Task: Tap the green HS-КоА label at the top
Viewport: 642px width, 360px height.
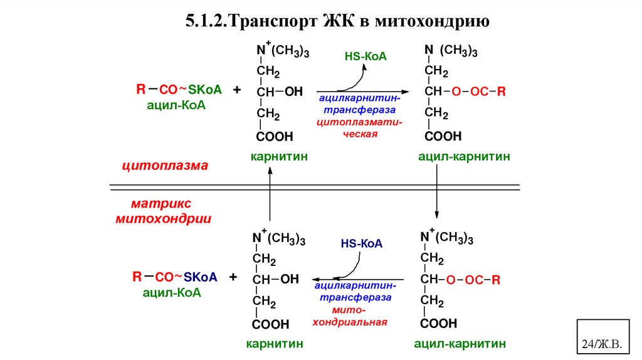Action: point(366,57)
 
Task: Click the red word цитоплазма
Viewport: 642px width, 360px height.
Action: point(164,166)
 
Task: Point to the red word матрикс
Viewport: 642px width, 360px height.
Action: point(161,204)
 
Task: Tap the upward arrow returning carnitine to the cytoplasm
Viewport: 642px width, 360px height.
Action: point(270,198)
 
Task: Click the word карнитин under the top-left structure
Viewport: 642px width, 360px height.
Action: point(279,156)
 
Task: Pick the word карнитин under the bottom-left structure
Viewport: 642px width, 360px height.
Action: point(275,344)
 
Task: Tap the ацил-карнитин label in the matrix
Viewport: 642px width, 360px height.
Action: point(460,344)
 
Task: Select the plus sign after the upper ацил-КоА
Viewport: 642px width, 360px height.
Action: point(237,90)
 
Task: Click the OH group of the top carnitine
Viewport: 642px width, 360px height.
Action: point(293,92)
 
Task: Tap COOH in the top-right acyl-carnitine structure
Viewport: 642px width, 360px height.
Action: point(443,136)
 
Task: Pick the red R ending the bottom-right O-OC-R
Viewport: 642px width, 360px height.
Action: point(495,280)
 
